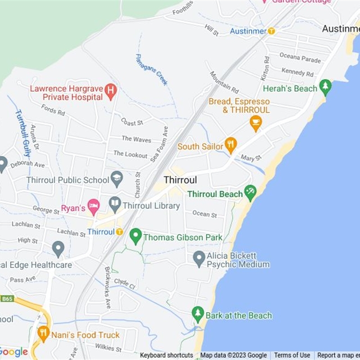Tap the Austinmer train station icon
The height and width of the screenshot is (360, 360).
click(271, 31)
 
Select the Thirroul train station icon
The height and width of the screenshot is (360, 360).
click(119, 232)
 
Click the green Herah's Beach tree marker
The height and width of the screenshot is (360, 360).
click(325, 86)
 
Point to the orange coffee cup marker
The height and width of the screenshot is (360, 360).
click(256, 122)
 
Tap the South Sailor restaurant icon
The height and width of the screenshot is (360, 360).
click(230, 144)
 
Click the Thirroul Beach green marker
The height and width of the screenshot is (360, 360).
click(250, 192)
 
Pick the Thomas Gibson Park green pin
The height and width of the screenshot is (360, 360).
click(135, 235)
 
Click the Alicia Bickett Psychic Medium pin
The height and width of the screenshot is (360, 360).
click(199, 258)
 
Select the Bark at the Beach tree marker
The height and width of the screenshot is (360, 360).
click(198, 314)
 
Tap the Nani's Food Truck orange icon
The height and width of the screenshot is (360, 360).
click(43, 333)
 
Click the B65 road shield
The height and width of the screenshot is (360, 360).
click(7, 298)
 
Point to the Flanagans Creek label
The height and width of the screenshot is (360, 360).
click(152, 69)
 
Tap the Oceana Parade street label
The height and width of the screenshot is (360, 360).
click(300, 58)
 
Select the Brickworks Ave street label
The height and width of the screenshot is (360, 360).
click(108, 288)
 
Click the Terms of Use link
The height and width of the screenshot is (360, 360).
click(292, 355)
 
